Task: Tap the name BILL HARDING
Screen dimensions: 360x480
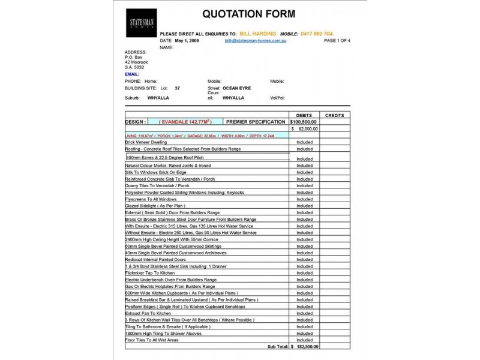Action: [x=257, y=34]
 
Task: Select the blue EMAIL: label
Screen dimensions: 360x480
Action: [x=132, y=74]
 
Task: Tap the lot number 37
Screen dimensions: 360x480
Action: [x=177, y=88]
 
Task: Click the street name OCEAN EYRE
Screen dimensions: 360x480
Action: [x=236, y=88]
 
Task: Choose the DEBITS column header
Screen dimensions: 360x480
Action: [x=304, y=115]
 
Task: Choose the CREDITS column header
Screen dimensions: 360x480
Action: [x=334, y=115]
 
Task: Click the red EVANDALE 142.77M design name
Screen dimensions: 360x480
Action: [x=185, y=121]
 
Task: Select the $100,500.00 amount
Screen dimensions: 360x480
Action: [x=304, y=121]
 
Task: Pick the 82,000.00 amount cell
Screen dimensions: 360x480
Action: [x=307, y=128]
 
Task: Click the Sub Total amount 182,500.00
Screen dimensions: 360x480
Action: [x=307, y=346]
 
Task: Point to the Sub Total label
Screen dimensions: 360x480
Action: [x=277, y=346]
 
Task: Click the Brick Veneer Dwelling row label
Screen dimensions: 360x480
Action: [x=147, y=142]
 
